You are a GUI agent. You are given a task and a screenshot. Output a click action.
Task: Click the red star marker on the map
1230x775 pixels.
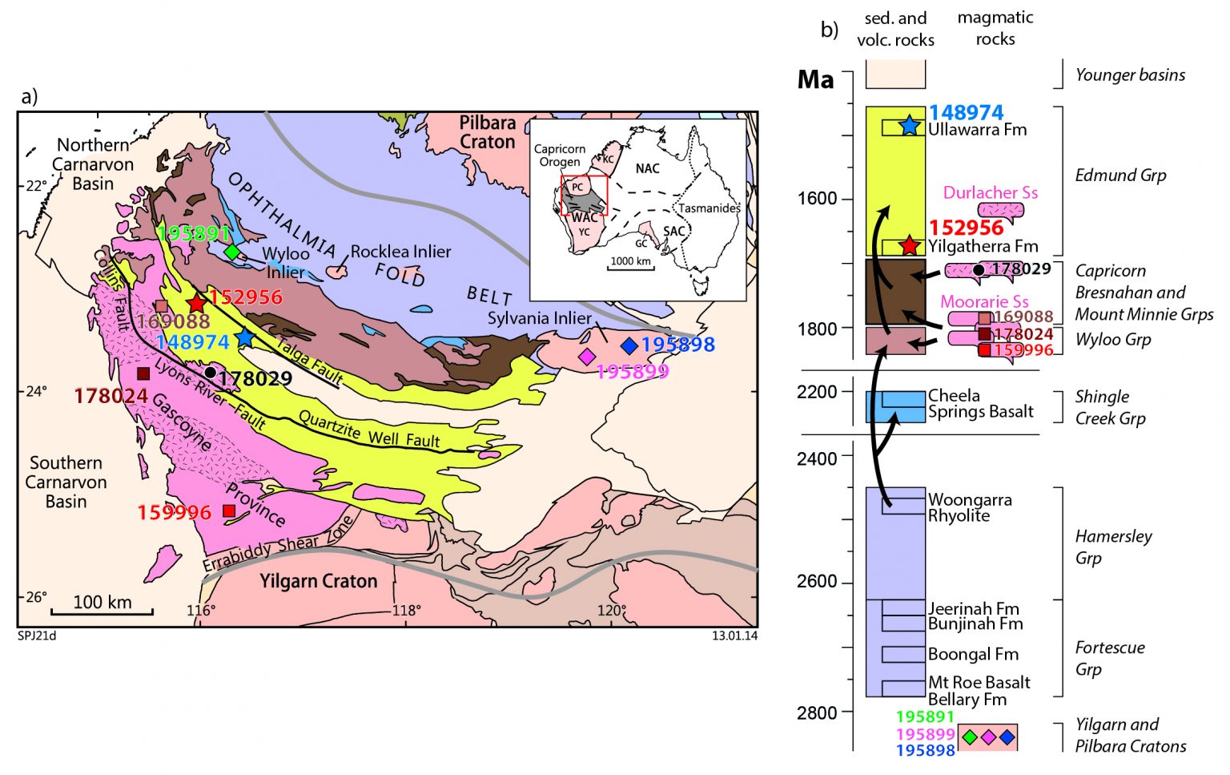pyautogui.click(x=197, y=304)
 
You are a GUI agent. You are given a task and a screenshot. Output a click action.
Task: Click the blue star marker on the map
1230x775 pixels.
pyautogui.click(x=244, y=338)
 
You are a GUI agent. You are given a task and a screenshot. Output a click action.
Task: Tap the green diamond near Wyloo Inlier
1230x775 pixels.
pyautogui.click(x=232, y=252)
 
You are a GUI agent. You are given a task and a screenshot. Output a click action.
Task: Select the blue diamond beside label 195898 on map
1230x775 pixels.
pyautogui.click(x=629, y=345)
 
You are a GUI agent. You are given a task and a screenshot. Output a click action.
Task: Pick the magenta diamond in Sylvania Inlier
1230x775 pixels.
pyautogui.click(x=587, y=357)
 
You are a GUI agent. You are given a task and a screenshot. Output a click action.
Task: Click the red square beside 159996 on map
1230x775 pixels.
pyautogui.click(x=229, y=511)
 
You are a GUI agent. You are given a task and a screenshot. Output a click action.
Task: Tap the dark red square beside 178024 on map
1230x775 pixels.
pyautogui.click(x=143, y=373)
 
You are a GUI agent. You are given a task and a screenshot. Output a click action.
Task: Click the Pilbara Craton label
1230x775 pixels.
pyautogui.click(x=487, y=132)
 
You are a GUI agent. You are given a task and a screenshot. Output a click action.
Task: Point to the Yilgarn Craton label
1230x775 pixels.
pyautogui.click(x=318, y=581)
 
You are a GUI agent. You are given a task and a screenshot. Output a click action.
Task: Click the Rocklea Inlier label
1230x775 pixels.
pyautogui.click(x=400, y=252)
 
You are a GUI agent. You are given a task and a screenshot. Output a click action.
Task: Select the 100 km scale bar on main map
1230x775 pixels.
pyautogui.click(x=102, y=612)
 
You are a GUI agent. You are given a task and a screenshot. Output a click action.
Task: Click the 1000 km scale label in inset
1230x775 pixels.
pyautogui.click(x=632, y=261)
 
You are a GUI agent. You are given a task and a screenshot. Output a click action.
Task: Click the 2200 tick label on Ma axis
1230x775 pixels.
pyautogui.click(x=816, y=392)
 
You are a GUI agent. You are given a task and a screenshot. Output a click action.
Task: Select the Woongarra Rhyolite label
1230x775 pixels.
pyautogui.click(x=969, y=507)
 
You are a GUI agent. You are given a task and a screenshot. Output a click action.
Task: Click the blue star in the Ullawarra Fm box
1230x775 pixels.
pyautogui.click(x=909, y=126)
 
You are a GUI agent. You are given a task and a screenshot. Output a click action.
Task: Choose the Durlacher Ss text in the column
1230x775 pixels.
pyautogui.click(x=990, y=192)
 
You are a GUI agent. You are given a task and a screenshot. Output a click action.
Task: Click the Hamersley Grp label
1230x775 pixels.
pyautogui.click(x=1112, y=547)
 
